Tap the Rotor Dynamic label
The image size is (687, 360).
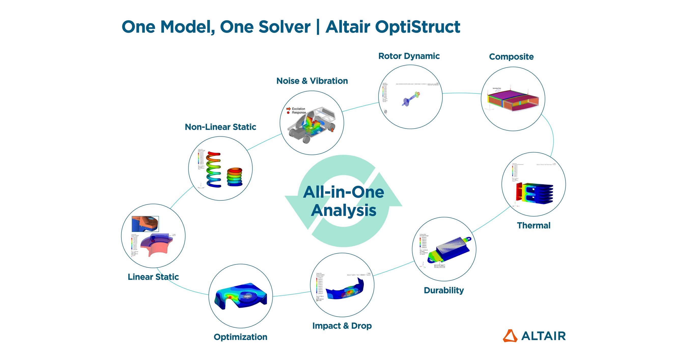point(409,56)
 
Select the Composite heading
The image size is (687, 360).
point(511,57)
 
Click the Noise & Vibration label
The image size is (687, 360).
point(312,81)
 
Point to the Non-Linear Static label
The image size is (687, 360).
point(220,127)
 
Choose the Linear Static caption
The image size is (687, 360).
point(153,277)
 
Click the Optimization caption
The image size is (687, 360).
point(240,337)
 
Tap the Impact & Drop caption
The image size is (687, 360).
point(342,326)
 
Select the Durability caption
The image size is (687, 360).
point(444,290)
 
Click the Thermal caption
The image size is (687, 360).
point(534,226)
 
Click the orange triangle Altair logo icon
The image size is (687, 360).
point(510,336)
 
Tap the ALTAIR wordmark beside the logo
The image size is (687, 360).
point(543,336)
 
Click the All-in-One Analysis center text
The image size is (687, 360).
point(344,201)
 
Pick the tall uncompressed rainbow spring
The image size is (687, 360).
point(214,169)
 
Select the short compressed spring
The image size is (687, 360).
point(234,176)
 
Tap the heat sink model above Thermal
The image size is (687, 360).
point(535,193)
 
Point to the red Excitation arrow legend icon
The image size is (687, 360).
point(288,109)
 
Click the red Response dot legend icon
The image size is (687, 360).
point(288,113)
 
